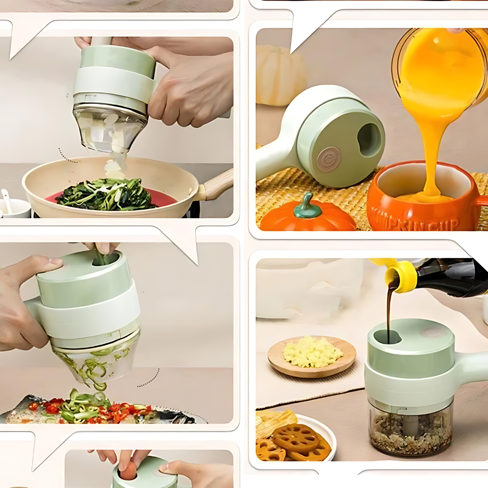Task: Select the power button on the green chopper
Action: tap(328, 159)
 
